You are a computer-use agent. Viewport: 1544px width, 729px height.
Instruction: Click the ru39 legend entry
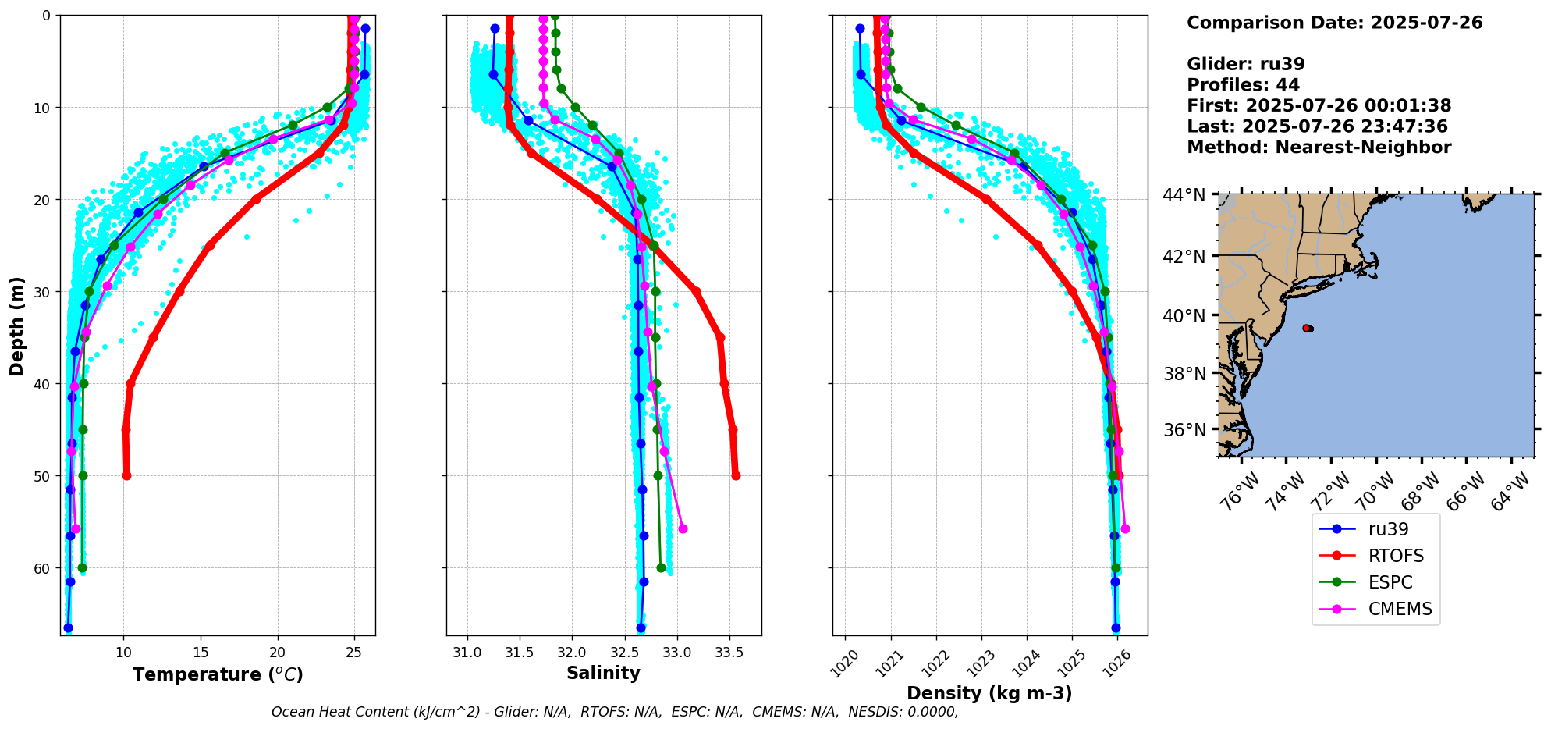coord(1388,529)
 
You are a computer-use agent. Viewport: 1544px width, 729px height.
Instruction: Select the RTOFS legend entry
coord(1396,556)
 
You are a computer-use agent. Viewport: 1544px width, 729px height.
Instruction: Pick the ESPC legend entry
coord(1390,582)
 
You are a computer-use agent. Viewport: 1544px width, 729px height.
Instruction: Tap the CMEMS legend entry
coord(1400,609)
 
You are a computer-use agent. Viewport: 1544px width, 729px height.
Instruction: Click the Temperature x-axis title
coord(218,674)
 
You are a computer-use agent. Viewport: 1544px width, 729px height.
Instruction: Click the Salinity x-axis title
coord(603,673)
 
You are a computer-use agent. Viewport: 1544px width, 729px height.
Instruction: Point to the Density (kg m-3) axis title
coord(989,693)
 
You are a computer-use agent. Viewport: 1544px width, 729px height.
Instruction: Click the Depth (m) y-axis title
coord(17,325)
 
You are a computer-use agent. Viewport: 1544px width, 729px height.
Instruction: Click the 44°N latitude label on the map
coord(1184,195)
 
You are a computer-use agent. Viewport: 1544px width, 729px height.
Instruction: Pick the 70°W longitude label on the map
coord(1375,490)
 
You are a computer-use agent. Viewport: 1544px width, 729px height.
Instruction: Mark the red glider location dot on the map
coord(1308,329)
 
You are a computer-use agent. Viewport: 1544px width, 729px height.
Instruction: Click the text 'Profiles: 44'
coord(1243,85)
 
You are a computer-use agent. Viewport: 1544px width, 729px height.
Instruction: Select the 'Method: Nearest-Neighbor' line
coord(1319,148)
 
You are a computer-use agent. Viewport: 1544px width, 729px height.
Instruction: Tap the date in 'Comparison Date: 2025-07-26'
coord(1426,23)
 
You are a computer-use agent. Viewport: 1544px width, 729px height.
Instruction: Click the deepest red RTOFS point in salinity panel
coord(736,475)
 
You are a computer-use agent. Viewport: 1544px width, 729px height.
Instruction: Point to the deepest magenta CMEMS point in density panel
coord(1125,529)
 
